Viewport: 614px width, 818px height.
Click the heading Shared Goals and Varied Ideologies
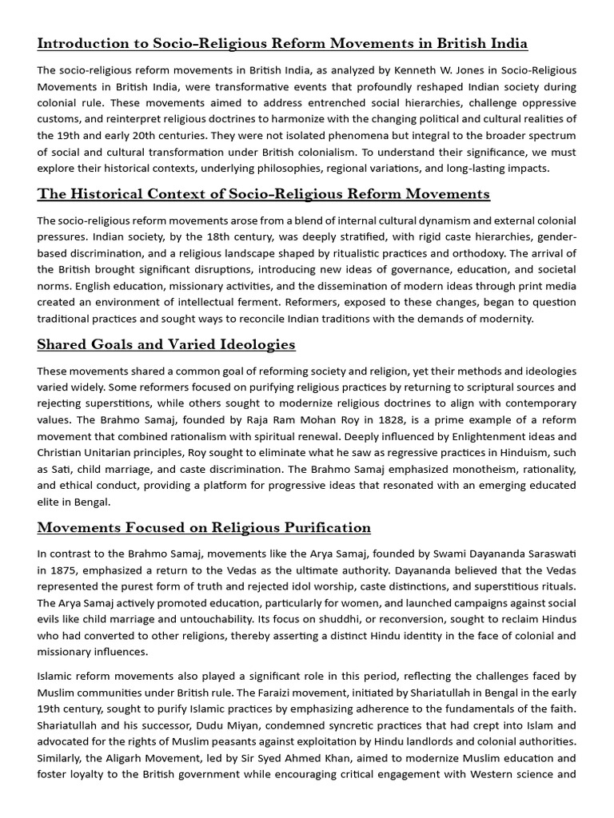click(166, 344)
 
